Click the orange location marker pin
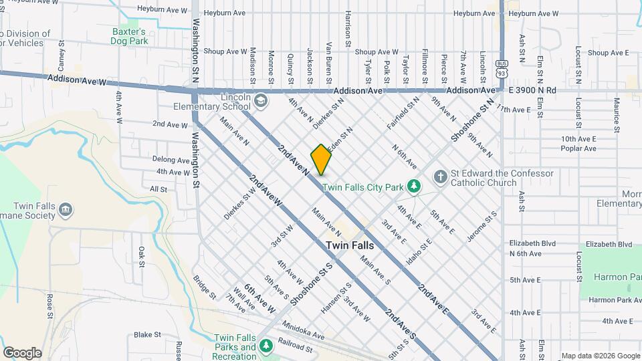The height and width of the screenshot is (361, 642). [x=321, y=158]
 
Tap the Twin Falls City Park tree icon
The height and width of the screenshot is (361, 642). [x=414, y=185]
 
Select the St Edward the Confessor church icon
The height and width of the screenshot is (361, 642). [x=440, y=176]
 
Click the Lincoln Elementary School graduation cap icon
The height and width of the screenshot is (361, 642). [x=260, y=102]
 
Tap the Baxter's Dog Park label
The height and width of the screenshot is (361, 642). [x=129, y=36]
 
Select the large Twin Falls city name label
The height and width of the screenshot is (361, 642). [x=350, y=245]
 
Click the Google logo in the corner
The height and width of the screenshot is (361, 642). [x=22, y=353]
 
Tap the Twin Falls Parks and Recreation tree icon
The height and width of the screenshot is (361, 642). [x=266, y=345]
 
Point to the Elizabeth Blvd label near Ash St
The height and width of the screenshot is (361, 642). [x=533, y=243]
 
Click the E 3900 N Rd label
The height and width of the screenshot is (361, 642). [x=532, y=90]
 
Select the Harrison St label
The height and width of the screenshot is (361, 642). [x=348, y=28]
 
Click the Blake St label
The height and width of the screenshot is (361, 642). [x=147, y=334]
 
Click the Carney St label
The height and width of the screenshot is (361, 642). [x=62, y=56]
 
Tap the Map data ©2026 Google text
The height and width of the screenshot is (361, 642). [x=600, y=356]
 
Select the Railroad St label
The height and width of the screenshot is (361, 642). [x=296, y=348]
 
